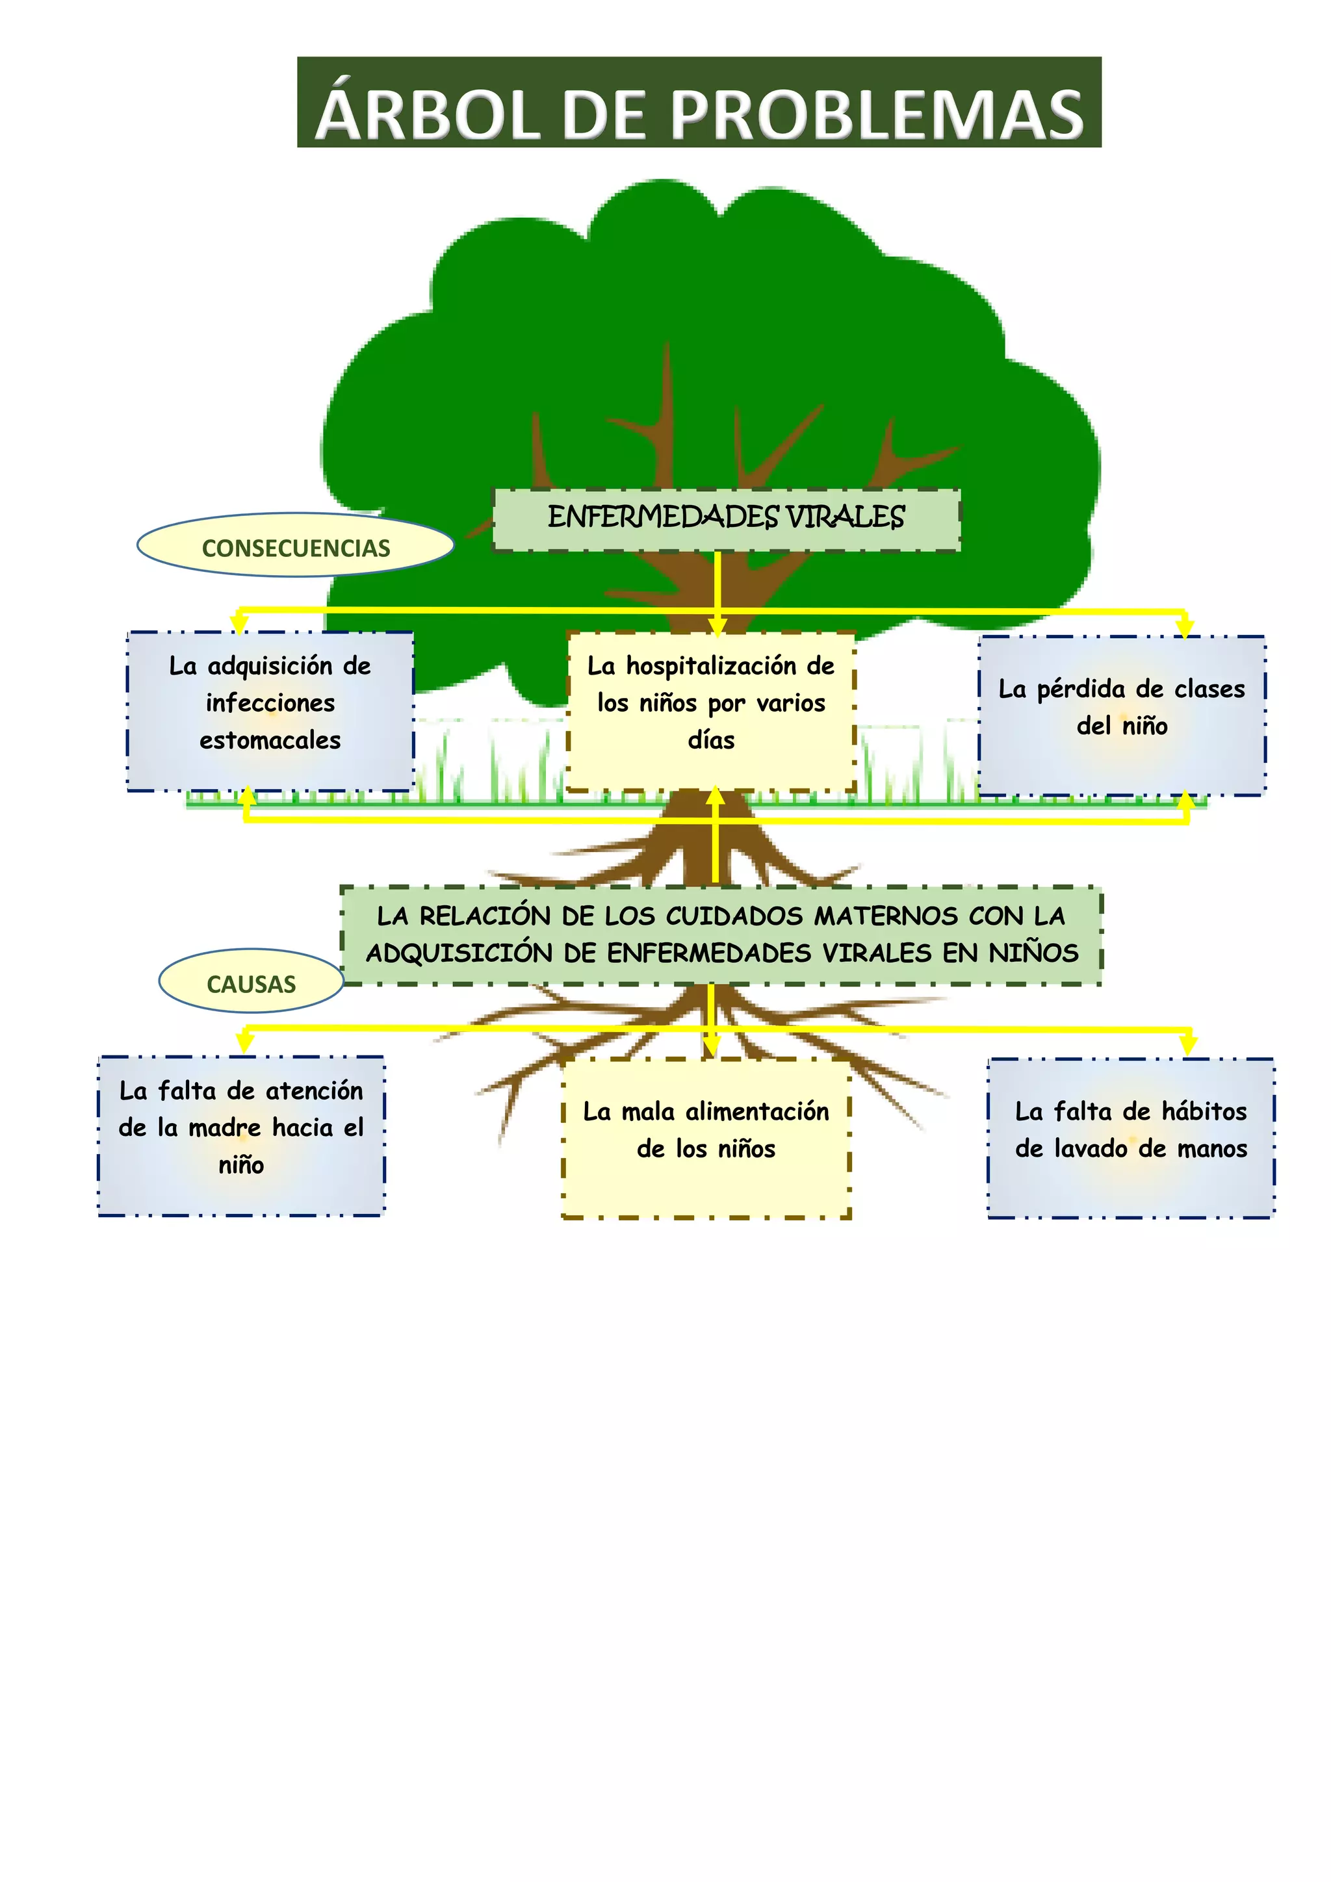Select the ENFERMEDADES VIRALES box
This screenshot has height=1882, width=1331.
click(726, 518)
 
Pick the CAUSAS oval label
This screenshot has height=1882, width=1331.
click(251, 984)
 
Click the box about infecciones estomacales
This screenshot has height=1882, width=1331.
click(270, 711)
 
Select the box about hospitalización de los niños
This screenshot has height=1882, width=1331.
click(710, 711)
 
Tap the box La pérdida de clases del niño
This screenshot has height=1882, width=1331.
click(1121, 714)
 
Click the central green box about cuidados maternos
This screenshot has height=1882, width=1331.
click(721, 935)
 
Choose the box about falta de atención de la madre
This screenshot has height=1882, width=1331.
click(241, 1135)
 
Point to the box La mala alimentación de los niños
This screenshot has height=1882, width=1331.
click(706, 1138)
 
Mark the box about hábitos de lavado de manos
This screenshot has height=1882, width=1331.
click(1131, 1138)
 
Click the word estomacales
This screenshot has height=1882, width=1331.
click(270, 740)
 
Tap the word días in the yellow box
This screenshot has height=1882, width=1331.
click(710, 740)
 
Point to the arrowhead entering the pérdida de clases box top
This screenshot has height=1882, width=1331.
click(1184, 630)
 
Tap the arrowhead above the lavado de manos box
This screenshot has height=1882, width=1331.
click(1189, 1046)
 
